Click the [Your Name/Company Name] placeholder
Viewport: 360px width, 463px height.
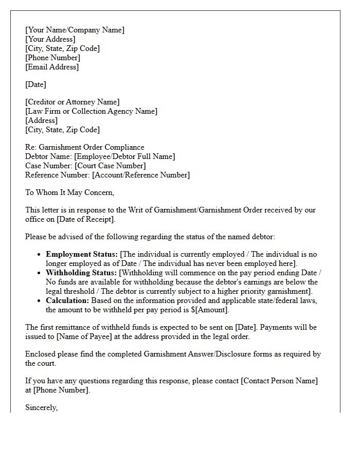[75, 30]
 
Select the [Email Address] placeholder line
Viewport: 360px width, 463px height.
[52, 67]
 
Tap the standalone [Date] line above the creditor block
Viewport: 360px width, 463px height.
[35, 84]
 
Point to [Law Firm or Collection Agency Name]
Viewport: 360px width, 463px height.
[91, 111]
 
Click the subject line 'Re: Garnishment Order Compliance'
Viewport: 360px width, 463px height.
[85, 147]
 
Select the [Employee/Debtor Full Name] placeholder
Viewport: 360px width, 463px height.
[124, 156]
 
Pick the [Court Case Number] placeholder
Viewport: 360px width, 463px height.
[110, 166]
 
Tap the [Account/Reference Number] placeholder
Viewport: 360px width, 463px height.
[141, 175]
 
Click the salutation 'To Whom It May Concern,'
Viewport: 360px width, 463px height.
[69, 192]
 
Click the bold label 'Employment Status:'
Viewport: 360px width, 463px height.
[81, 254]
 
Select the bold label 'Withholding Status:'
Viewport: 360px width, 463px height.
[81, 273]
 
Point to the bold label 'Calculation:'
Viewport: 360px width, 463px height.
[67, 300]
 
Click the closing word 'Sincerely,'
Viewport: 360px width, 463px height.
[41, 407]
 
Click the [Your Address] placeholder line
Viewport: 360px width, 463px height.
[50, 39]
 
